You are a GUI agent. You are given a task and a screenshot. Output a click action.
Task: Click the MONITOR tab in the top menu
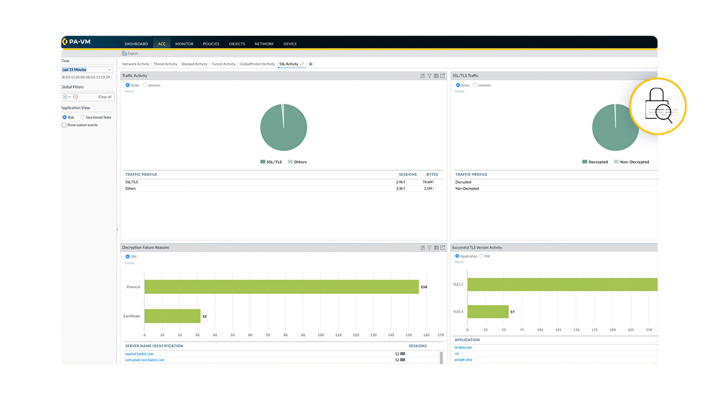184,44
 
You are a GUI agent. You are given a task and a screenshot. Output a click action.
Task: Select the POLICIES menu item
211,44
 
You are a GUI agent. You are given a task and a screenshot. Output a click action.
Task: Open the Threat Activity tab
165,64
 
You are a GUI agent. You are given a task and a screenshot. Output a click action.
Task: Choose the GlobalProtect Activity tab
257,64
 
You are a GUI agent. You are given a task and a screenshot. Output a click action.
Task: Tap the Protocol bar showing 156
282,287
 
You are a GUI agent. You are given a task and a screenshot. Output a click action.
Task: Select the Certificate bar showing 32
173,316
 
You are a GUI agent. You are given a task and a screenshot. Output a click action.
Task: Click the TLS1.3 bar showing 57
488,312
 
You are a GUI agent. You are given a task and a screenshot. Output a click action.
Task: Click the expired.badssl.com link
139,353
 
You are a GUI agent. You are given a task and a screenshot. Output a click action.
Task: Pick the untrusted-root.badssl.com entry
145,360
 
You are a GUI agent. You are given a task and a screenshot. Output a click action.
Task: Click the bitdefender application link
464,347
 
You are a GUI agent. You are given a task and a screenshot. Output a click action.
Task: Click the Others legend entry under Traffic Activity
300,162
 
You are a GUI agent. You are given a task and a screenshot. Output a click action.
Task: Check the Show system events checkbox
65,125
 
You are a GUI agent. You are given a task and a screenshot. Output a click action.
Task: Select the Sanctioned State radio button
83,117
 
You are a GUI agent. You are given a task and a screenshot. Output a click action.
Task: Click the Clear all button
104,96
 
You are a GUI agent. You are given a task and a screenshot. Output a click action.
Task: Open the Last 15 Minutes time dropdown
88,69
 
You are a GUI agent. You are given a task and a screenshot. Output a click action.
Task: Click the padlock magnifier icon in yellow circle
657,107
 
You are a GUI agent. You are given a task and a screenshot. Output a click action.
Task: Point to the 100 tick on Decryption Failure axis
320,335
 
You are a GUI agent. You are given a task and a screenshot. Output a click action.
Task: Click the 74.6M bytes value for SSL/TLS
427,182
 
